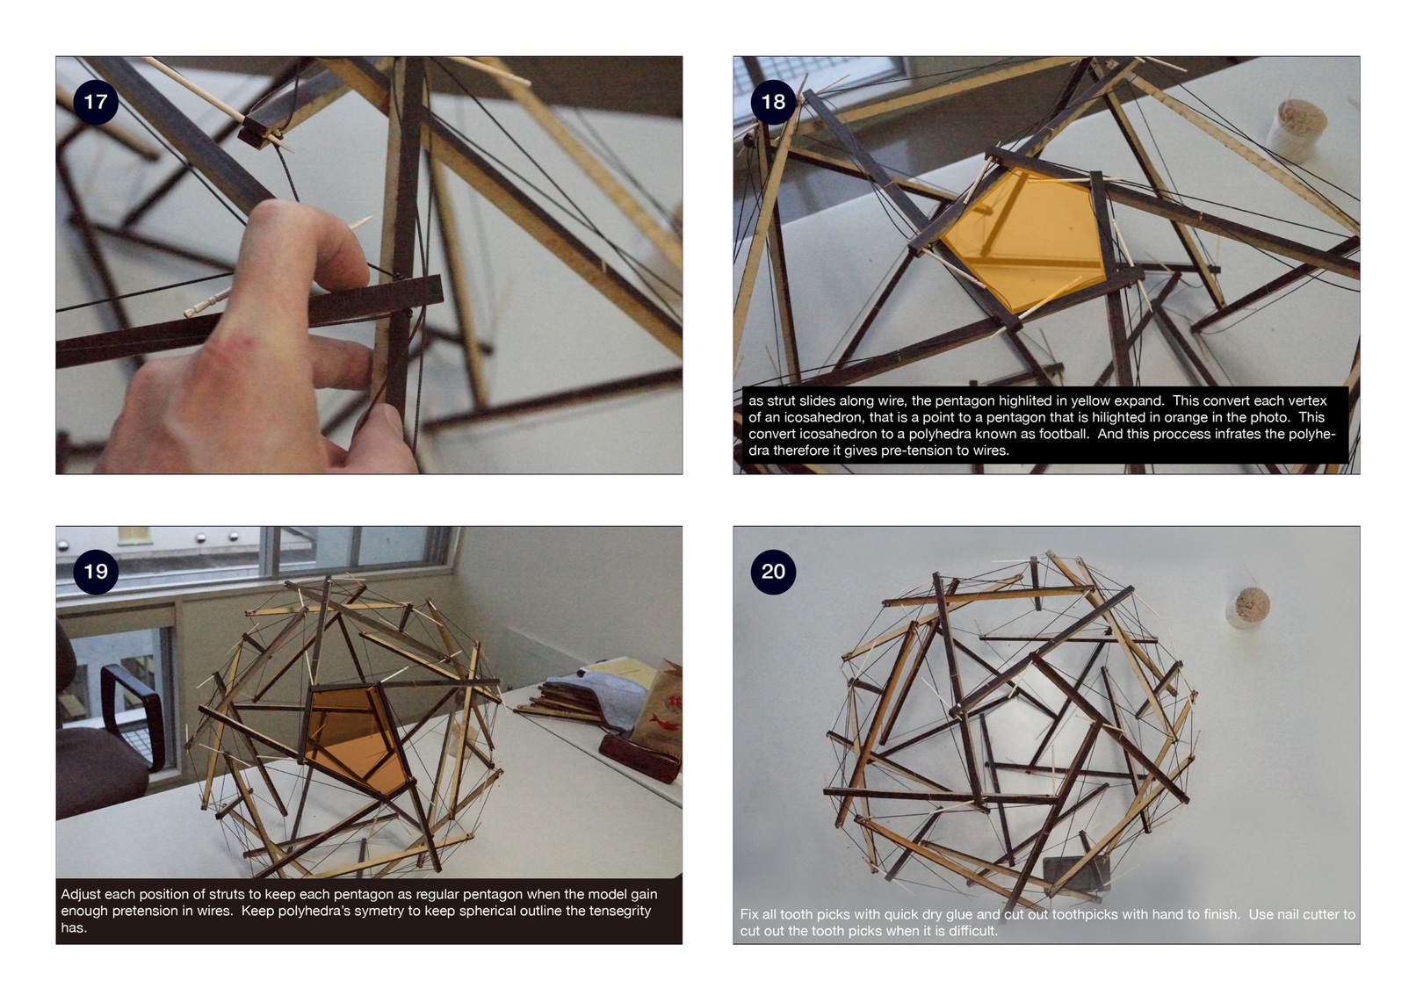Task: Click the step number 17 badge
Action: point(96,102)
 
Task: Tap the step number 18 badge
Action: point(773,102)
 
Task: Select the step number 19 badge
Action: point(96,572)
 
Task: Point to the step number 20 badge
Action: point(773,572)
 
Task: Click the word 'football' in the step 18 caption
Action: point(1066,435)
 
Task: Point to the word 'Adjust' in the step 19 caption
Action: point(81,895)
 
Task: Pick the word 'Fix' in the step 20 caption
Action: point(750,915)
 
